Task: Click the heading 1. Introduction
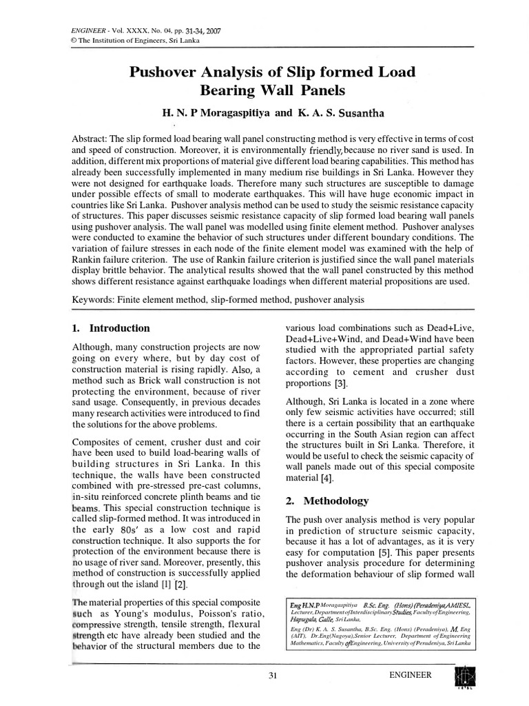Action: (111, 328)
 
